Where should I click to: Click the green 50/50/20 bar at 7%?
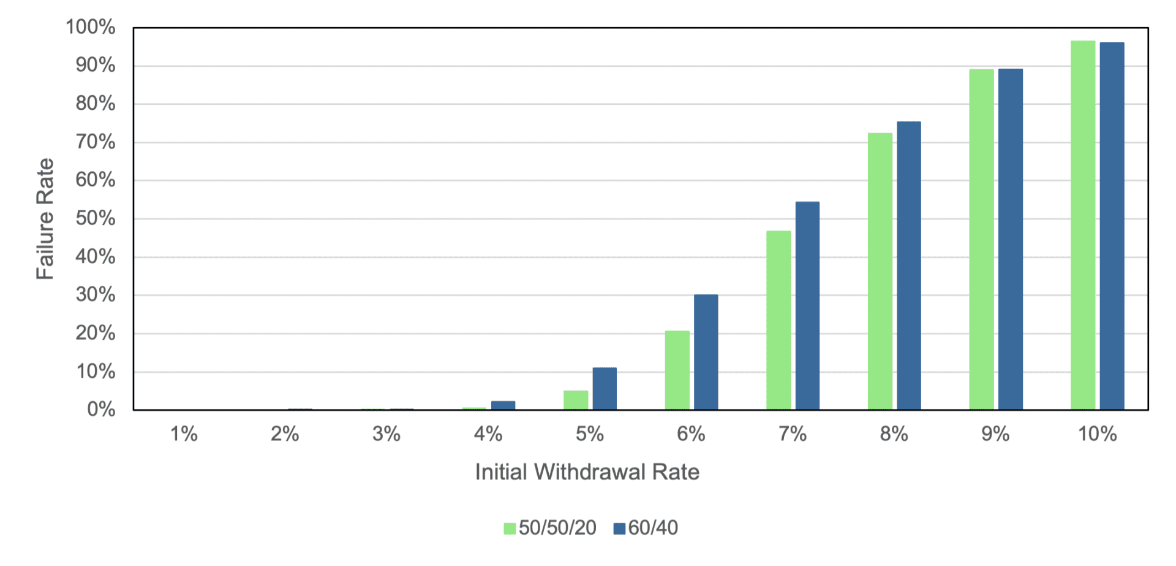tap(778, 320)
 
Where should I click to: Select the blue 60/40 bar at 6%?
tap(706, 352)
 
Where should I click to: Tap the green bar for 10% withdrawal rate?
tap(1082, 225)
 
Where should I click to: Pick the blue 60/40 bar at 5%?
tap(605, 389)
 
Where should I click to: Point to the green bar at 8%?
tap(880, 271)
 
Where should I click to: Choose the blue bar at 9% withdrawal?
tap(1010, 239)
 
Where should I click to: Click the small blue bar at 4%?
tap(503, 405)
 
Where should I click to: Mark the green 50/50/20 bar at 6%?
tap(677, 370)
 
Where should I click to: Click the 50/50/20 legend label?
tap(557, 528)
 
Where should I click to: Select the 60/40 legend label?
tap(653, 528)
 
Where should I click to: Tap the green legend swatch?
tap(510, 529)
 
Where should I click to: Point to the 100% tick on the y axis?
tap(91, 27)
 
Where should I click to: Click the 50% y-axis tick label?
tap(96, 218)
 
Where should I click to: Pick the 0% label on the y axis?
tap(101, 410)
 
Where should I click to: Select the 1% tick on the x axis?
tap(184, 434)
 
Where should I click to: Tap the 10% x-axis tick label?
tap(1097, 434)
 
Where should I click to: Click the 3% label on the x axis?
tap(386, 434)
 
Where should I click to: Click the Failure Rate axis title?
tap(45, 219)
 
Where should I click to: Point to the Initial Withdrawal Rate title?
tap(587, 472)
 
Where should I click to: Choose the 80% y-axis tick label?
tap(96, 104)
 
